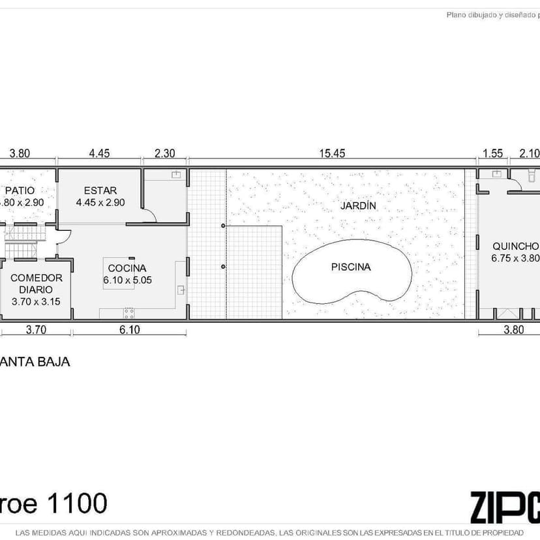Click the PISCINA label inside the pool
(350, 267)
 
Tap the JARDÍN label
(358, 205)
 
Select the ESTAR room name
(100, 190)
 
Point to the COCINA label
(127, 268)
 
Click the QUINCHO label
(515, 246)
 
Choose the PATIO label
(20, 190)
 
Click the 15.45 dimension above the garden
(331, 153)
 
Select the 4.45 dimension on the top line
(99, 153)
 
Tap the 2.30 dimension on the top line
(164, 153)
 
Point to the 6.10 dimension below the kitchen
(129, 330)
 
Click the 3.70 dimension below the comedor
(35, 330)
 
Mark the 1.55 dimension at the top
(492, 153)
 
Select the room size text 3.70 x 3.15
(36, 301)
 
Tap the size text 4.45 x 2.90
(100, 202)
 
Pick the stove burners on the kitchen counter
(129, 312)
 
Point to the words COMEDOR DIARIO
(36, 283)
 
